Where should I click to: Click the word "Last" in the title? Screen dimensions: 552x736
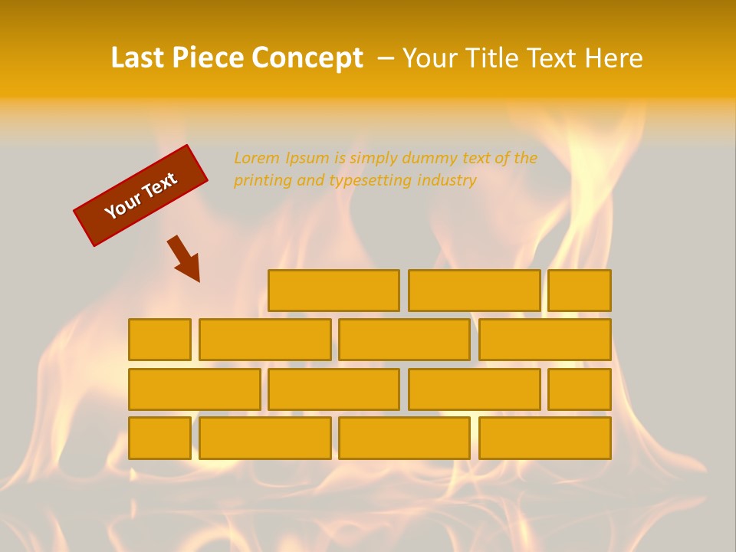(x=137, y=58)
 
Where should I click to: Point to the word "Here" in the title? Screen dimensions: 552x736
(x=613, y=58)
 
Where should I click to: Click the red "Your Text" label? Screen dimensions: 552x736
(x=140, y=195)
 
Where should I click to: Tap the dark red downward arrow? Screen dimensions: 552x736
(x=185, y=258)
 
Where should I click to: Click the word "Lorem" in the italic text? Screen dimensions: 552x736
(x=256, y=158)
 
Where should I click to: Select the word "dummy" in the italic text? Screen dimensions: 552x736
(x=429, y=158)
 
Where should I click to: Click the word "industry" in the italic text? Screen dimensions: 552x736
(x=447, y=180)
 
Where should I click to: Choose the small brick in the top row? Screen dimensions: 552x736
(x=579, y=291)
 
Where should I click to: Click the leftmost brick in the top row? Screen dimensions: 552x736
(x=333, y=291)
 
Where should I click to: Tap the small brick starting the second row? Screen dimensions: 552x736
(x=159, y=340)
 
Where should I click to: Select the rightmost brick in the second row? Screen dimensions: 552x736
(x=544, y=340)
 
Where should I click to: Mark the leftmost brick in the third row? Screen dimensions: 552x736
(x=194, y=389)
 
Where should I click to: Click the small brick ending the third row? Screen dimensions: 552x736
(x=579, y=389)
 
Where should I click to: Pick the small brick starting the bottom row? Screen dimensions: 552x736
(x=159, y=439)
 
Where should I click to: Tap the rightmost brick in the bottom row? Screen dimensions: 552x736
(x=544, y=439)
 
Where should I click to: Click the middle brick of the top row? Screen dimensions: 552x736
(x=474, y=291)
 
